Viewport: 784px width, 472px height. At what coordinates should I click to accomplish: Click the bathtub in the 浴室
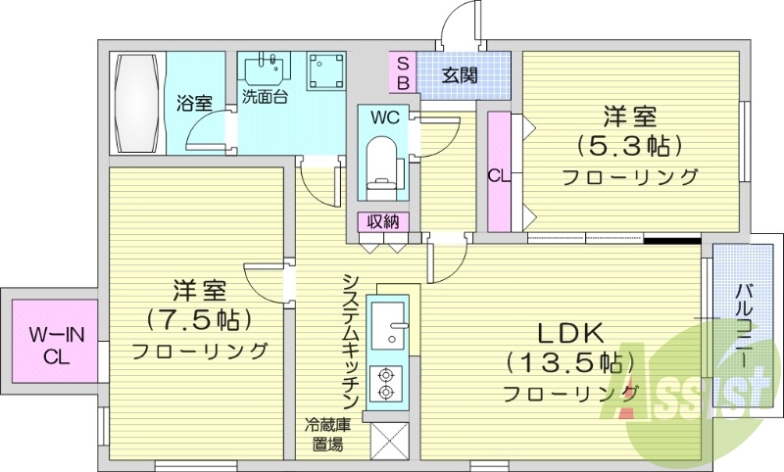(136, 103)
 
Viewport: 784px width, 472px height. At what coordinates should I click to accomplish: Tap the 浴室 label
(194, 102)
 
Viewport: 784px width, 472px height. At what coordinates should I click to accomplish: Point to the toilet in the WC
(380, 162)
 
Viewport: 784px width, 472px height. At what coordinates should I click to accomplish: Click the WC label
(383, 118)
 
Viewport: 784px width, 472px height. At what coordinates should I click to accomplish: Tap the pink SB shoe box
(403, 73)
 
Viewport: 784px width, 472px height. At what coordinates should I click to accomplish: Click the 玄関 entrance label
(458, 74)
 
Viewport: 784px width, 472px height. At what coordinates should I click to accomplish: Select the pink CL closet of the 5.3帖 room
(498, 173)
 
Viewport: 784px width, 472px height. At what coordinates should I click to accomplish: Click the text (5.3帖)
(629, 147)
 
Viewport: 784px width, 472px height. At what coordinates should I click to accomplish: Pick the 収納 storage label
(383, 221)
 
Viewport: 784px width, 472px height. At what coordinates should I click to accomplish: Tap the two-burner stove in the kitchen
(386, 383)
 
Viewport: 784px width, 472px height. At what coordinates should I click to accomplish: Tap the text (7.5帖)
(199, 319)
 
